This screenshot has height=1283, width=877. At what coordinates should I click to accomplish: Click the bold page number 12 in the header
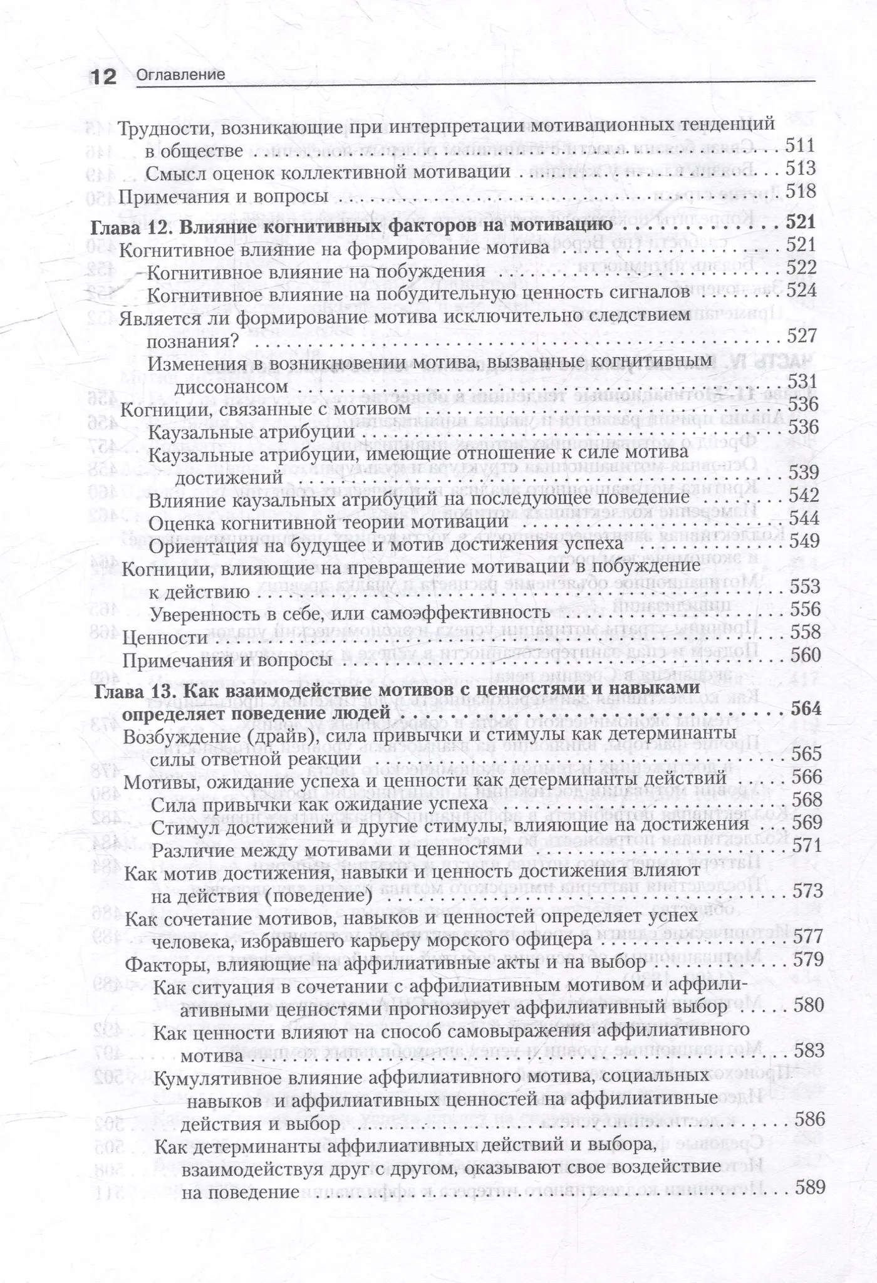coord(103,76)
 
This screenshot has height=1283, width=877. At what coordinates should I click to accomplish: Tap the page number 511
coord(800,147)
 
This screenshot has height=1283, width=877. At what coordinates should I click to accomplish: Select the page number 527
coord(802,336)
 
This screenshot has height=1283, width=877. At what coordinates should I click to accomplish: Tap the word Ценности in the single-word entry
coord(164,638)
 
